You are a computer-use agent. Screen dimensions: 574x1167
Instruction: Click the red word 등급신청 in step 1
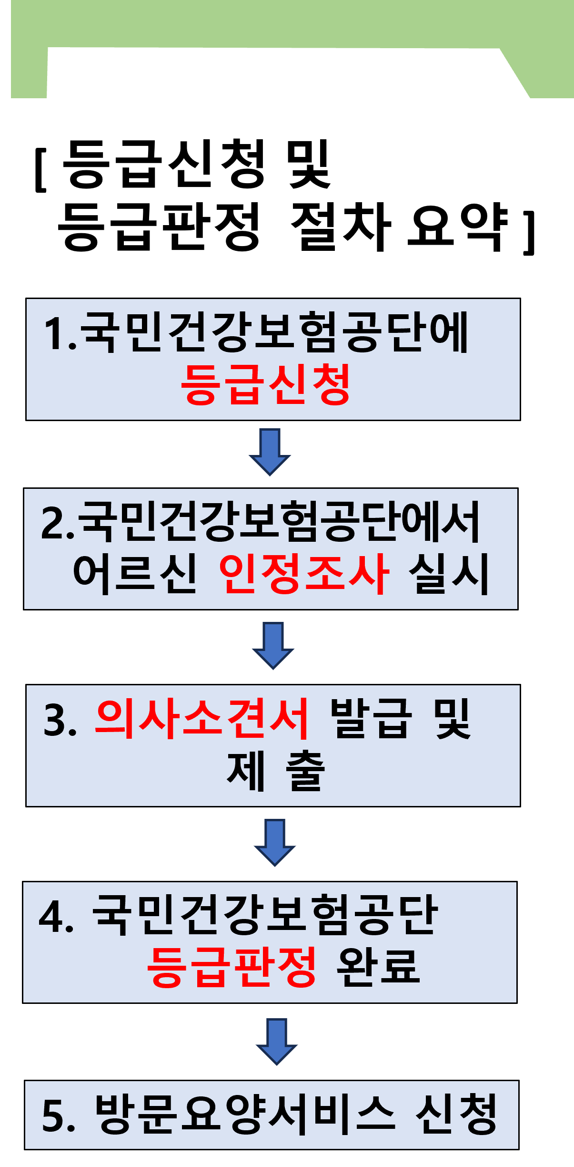pyautogui.click(x=265, y=384)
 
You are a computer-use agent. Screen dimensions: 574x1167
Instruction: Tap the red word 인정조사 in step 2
pyautogui.click(x=304, y=574)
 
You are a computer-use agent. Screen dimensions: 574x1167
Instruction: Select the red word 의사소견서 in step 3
pyautogui.click(x=202, y=719)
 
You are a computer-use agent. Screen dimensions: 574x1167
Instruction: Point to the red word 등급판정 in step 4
pyautogui.click(x=232, y=966)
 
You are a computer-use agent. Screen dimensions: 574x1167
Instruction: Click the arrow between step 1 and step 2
pyautogui.click(x=270, y=452)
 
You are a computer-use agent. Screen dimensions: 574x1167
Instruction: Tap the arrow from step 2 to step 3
pyautogui.click(x=273, y=646)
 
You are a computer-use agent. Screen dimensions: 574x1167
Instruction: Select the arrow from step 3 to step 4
pyautogui.click(x=275, y=843)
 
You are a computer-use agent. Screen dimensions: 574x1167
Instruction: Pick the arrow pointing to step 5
pyautogui.click(x=277, y=1042)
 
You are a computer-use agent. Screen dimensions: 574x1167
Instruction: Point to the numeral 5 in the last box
pyautogui.click(x=52, y=1115)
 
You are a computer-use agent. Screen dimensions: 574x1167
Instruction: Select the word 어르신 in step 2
pyautogui.click(x=135, y=574)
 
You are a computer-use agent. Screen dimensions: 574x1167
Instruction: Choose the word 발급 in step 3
pyautogui.click(x=371, y=719)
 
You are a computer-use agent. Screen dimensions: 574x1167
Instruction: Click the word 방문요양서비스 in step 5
pyautogui.click(x=246, y=1114)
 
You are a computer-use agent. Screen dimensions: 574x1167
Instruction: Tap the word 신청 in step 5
pyautogui.click(x=456, y=1114)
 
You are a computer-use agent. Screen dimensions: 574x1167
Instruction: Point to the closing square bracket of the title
pyautogui.click(x=529, y=232)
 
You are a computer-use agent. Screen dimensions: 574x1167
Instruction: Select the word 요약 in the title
pyautogui.click(x=458, y=227)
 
